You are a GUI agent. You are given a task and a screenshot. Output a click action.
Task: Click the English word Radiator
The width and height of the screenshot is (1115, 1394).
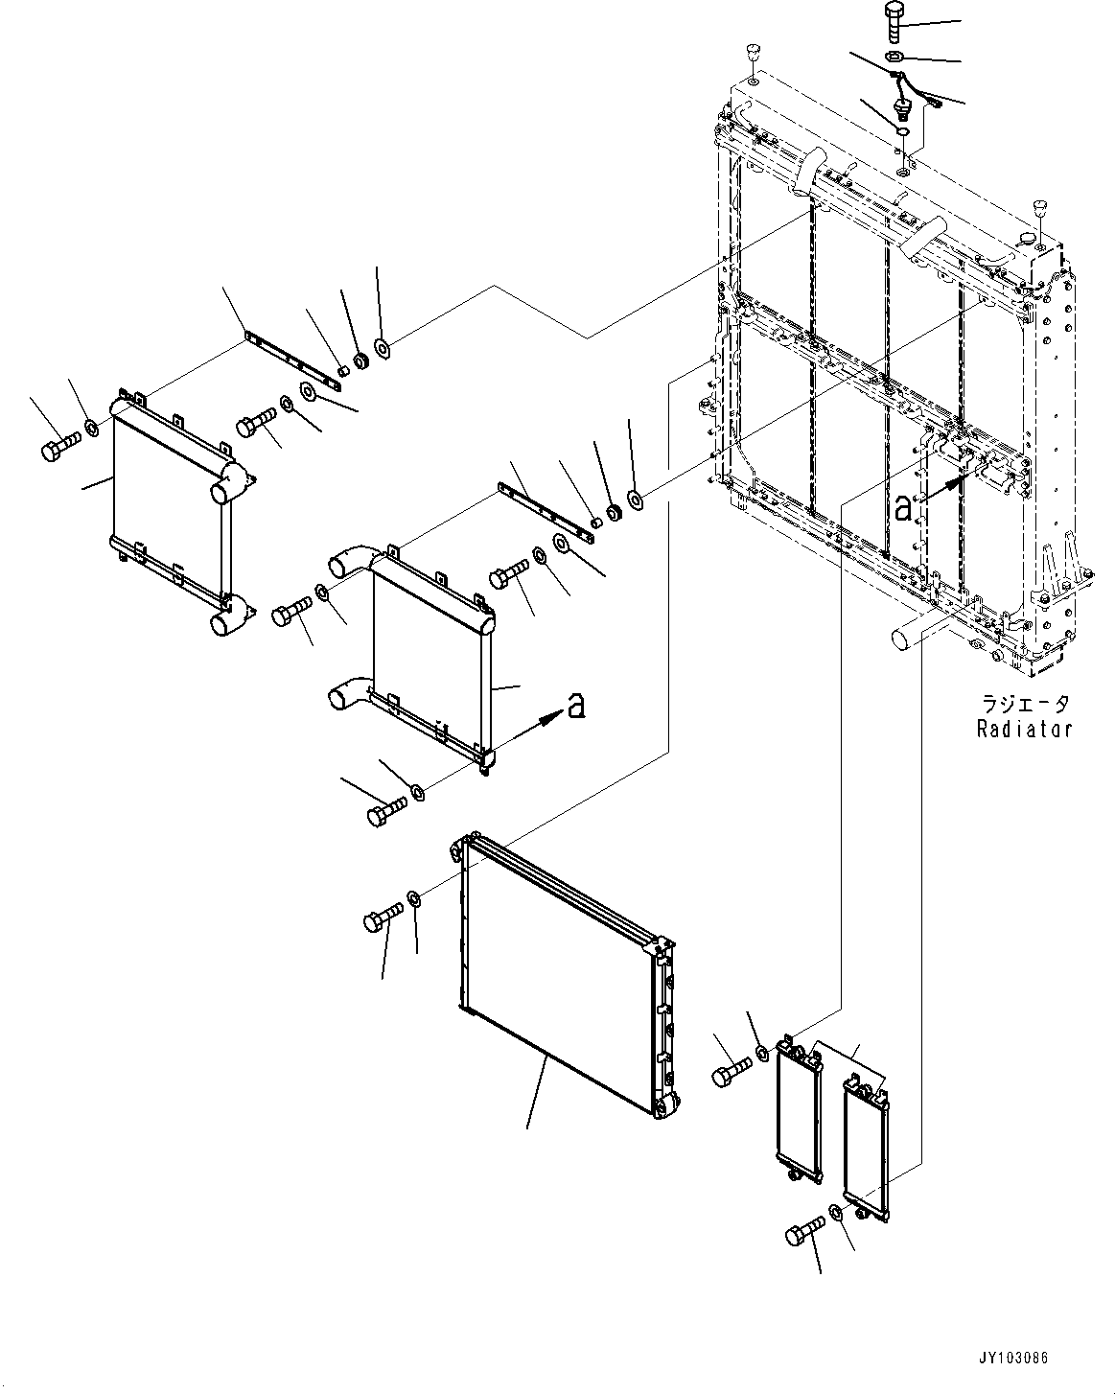point(1024,729)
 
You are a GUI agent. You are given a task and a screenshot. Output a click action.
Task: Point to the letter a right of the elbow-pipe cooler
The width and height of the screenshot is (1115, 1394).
point(575,707)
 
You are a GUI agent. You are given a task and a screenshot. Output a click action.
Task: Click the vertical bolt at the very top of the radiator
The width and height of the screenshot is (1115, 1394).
point(892,19)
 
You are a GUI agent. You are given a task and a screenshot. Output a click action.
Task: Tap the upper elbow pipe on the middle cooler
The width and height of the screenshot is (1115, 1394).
point(349,560)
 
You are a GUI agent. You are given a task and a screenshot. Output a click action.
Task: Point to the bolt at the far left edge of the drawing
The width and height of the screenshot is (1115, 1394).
point(59,445)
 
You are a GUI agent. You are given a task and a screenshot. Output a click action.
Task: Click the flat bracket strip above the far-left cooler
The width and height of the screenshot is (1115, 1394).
point(292,360)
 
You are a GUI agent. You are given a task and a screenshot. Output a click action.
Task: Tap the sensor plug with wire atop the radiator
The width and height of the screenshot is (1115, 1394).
point(901,104)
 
